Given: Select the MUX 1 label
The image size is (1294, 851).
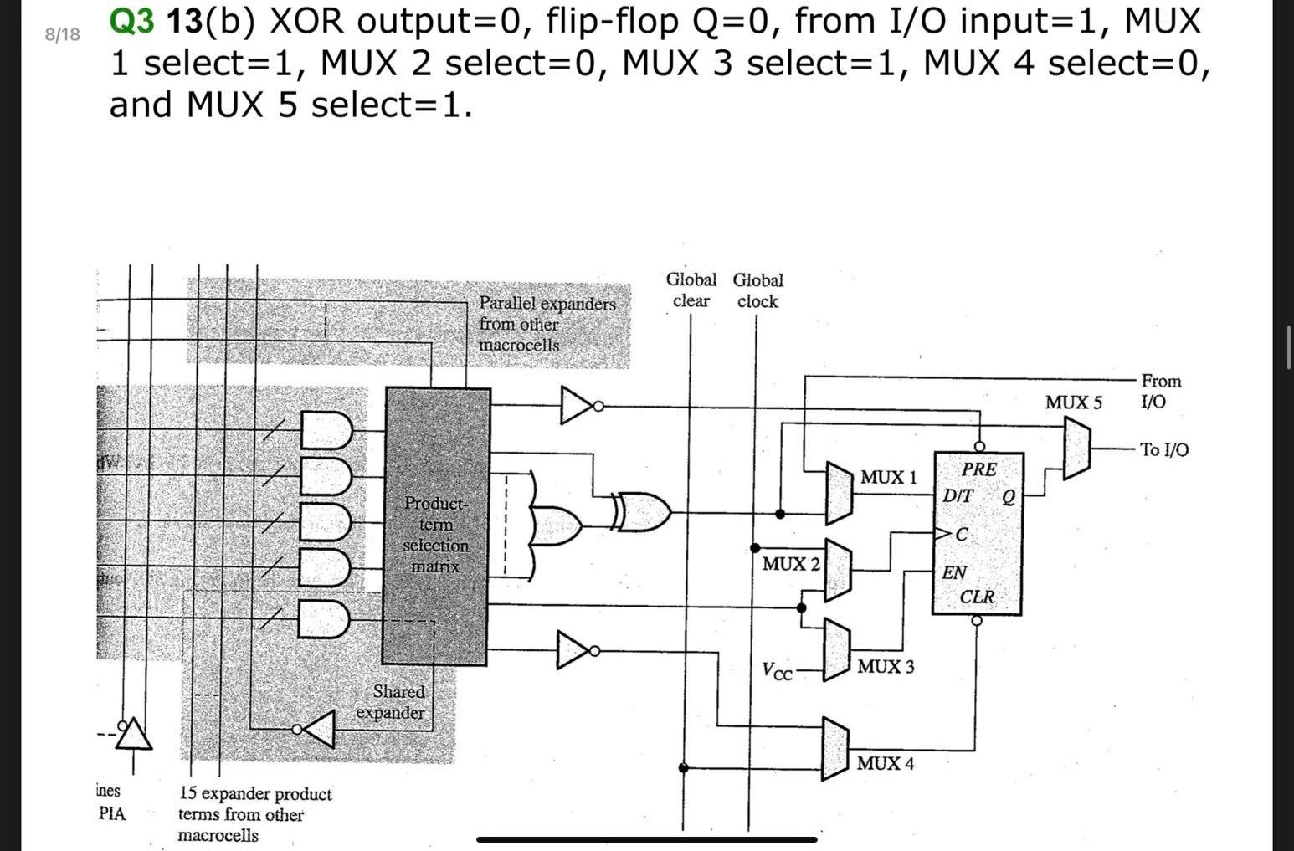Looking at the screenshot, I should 888,478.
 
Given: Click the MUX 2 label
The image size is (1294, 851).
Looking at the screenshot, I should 790,564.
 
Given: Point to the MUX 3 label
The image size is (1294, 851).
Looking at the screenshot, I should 886,667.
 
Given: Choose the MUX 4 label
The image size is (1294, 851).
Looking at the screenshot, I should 886,763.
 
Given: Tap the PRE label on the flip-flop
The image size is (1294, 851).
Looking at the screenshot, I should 978,469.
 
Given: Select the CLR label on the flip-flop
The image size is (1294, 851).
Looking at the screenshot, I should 977,597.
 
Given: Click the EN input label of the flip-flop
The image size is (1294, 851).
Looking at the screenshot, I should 954,573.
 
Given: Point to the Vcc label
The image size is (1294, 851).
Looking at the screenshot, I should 777,671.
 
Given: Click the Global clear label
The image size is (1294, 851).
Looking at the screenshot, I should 691,290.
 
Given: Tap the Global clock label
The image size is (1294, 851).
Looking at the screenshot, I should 757,290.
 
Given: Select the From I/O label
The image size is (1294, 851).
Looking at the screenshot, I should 1160,391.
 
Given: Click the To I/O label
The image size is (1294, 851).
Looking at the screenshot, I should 1163,450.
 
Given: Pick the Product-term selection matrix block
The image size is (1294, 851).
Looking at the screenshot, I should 436,526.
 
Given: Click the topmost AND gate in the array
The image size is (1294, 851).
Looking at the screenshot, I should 327,430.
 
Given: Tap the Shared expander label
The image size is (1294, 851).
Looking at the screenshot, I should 391,702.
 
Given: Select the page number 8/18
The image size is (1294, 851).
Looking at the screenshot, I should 63,34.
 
